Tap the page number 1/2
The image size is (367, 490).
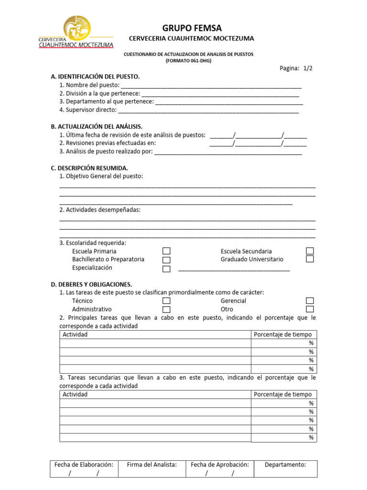tap(306, 68)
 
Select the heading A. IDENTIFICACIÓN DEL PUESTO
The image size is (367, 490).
tap(95, 77)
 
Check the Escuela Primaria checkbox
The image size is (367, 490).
tap(166, 251)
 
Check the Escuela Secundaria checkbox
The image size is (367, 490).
tap(310, 251)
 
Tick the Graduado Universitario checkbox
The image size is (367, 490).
tap(310, 259)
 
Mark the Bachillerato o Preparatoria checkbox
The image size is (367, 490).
tap(166, 260)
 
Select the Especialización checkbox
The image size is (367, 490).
tap(166, 268)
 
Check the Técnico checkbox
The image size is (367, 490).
tap(166, 301)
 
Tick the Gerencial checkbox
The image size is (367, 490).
tap(310, 301)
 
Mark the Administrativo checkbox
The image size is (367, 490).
tap(166, 310)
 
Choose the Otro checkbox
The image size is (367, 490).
tap(310, 310)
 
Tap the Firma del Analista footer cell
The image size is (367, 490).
tap(152, 469)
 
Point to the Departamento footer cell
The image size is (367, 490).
tap(285, 469)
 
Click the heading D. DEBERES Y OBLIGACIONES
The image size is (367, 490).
tap(91, 284)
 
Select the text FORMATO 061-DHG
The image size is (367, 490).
tap(188, 61)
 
